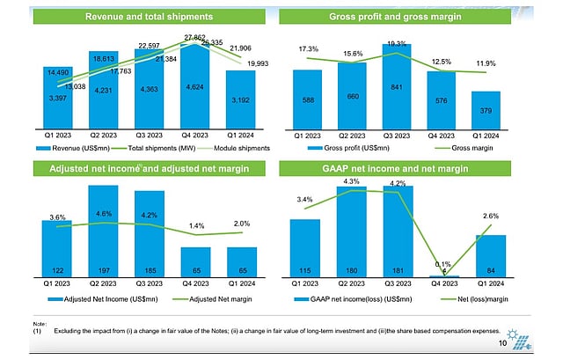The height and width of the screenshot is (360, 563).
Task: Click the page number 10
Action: [x=502, y=344]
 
